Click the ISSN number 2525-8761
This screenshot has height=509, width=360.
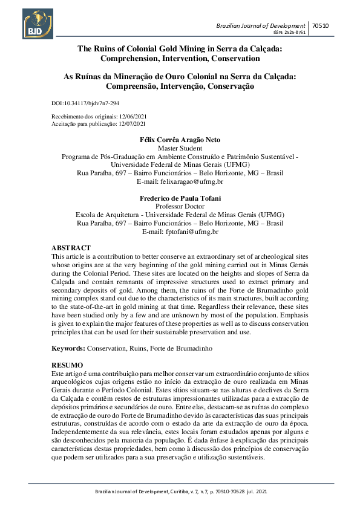click(x=293, y=33)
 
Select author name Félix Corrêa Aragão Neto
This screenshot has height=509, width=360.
click(x=180, y=140)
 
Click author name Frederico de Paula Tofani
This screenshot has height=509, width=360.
click(x=180, y=198)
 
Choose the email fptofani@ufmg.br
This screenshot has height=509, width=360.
click(x=190, y=232)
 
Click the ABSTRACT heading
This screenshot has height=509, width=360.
click(x=71, y=248)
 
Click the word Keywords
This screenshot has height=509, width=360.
click(x=67, y=349)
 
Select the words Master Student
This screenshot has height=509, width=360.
click(x=180, y=148)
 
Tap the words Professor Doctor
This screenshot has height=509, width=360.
click(x=180, y=206)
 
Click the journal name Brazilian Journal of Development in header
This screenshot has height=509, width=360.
click(x=261, y=25)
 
